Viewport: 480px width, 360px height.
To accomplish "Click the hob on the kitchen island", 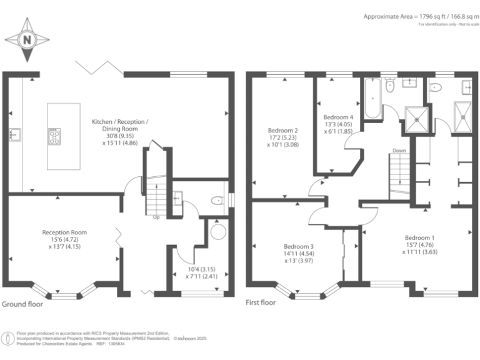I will tap(54, 137).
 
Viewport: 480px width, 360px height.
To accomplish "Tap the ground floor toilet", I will tap(217, 201).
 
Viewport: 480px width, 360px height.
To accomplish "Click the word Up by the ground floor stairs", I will tap(156, 217).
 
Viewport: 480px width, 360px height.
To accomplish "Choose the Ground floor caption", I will tap(22, 304).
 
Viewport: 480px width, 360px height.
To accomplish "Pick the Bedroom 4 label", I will tap(338, 117).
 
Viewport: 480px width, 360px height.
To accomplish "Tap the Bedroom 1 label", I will tap(419, 237).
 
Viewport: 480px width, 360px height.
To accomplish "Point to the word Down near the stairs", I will tap(399, 151).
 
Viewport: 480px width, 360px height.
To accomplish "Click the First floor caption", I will tap(261, 303).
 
